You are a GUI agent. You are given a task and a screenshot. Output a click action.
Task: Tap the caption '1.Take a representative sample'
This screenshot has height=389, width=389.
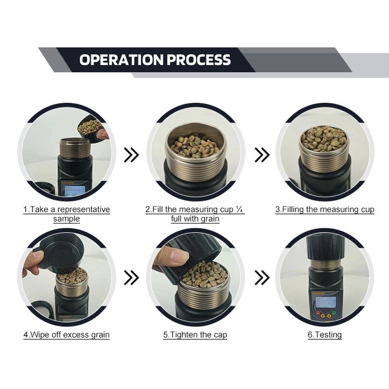(x=67, y=214)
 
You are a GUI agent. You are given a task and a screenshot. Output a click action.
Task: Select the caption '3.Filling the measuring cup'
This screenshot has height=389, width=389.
(x=325, y=210)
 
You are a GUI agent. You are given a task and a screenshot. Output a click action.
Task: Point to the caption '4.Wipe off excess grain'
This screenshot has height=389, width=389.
(x=67, y=335)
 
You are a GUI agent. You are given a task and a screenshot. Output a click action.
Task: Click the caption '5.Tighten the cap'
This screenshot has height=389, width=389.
(x=195, y=335)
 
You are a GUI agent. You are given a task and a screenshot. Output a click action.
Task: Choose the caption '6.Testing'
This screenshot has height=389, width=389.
(x=325, y=335)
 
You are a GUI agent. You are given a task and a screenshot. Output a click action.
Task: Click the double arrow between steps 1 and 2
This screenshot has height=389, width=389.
(x=131, y=155)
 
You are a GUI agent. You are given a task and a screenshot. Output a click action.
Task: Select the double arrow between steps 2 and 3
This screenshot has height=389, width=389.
(x=262, y=155)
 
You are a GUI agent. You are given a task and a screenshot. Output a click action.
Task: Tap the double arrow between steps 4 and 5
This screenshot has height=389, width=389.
(x=131, y=278)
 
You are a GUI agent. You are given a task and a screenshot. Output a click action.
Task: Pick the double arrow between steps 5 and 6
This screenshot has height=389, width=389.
(x=262, y=278)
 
